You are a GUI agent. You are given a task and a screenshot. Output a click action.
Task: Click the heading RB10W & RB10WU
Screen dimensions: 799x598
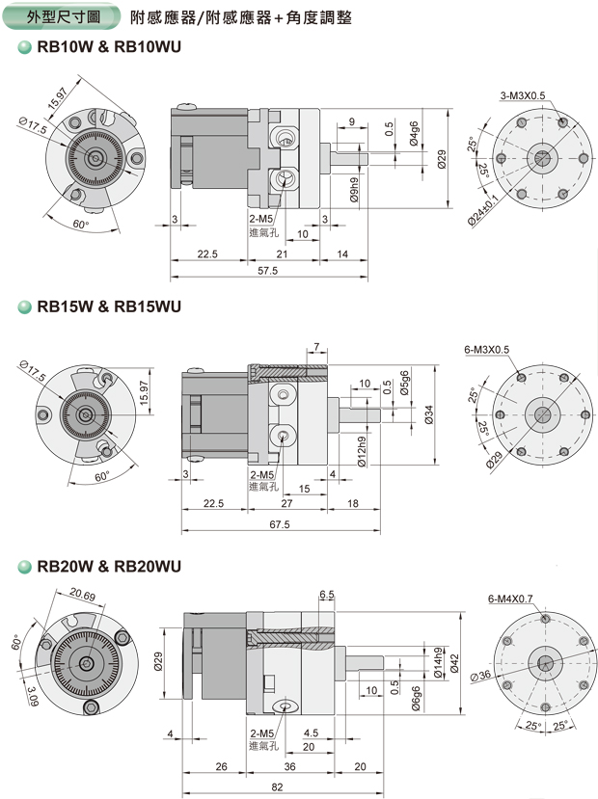point(108,46)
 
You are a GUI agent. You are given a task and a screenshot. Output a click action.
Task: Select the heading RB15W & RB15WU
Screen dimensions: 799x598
point(108,307)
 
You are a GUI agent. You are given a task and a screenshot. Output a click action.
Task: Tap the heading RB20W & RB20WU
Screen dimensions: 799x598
point(108,567)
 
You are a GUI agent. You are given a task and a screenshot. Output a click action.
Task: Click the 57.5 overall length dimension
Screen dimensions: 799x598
point(267,271)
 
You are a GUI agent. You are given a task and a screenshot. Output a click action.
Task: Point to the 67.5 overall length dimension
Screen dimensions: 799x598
point(279,524)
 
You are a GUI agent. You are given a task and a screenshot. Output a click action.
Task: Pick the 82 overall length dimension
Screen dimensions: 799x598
point(278,787)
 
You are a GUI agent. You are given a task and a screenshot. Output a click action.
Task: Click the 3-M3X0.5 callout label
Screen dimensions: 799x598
point(523,95)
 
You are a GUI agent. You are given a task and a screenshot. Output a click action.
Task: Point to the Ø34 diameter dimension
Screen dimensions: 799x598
point(429,413)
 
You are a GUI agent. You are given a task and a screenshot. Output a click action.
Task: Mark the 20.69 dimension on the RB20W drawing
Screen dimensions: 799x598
point(82,597)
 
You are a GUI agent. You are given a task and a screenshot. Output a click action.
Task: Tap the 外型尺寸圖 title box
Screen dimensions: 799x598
point(65,16)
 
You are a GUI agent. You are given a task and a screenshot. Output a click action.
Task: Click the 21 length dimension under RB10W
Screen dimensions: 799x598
point(283,253)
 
